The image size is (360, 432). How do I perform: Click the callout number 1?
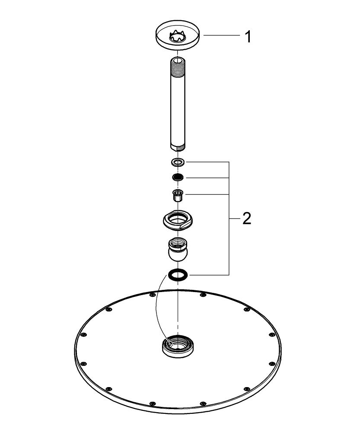[x=248, y=36]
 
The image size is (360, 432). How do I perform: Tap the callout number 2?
[x=246, y=219]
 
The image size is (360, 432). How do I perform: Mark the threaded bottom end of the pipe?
[x=178, y=147]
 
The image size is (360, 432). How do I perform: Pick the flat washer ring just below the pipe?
[x=178, y=162]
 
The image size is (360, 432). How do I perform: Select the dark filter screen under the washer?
[x=178, y=177]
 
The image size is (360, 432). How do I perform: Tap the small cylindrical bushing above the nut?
[x=178, y=195]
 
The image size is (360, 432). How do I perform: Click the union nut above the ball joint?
[x=178, y=220]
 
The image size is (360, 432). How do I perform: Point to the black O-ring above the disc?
[x=178, y=274]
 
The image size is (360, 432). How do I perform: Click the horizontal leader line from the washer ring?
[x=207, y=162]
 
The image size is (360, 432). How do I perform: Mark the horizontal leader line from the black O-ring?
[x=207, y=274]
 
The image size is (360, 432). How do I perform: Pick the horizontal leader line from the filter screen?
[x=207, y=177]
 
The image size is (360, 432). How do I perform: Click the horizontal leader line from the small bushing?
[x=207, y=195]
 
